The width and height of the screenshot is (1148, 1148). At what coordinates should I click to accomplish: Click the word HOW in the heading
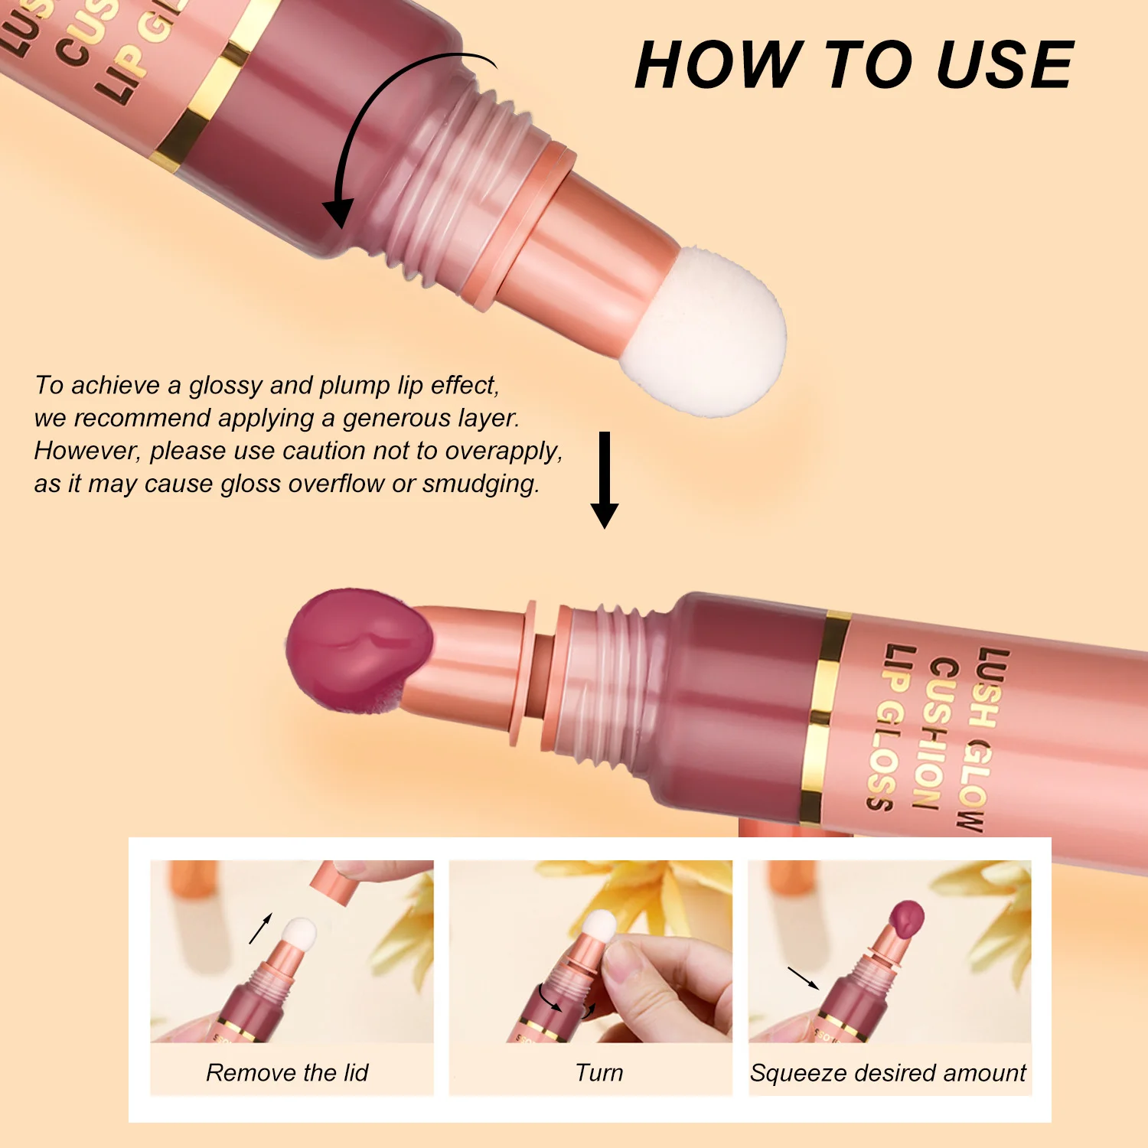click(719, 66)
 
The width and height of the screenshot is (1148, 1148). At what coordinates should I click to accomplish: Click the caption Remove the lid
click(287, 1073)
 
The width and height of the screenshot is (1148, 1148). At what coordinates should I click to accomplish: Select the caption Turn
click(599, 1073)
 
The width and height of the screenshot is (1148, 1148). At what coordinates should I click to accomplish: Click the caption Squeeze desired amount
click(888, 1073)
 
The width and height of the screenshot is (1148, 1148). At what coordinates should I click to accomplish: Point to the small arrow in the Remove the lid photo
click(260, 928)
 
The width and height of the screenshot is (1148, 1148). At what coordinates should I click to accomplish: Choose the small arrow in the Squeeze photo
click(803, 978)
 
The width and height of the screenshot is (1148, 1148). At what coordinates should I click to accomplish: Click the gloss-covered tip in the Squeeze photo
click(905, 918)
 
